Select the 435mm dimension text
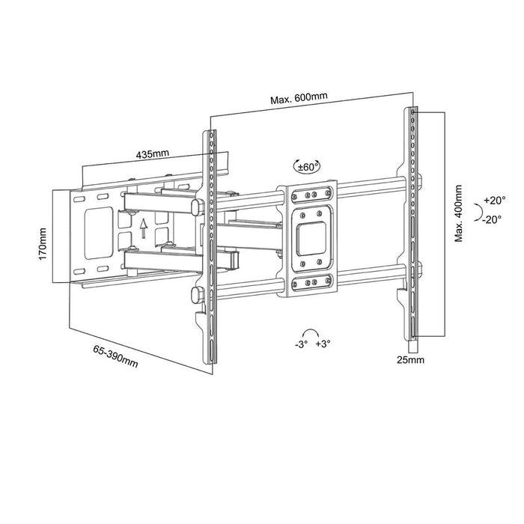[x=153, y=154]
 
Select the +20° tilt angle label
[x=494, y=201]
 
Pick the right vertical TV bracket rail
[x=411, y=225]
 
